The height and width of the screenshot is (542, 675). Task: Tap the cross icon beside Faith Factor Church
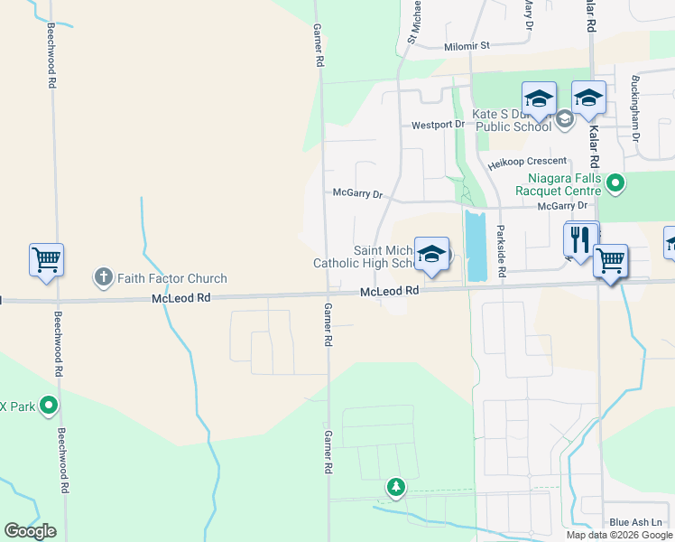104,277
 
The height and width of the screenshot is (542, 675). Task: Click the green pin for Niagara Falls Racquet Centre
615,185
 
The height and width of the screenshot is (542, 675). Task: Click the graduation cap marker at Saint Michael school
432,255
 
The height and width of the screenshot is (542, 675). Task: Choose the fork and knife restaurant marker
580,240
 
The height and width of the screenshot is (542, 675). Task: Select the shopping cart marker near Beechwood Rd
46,261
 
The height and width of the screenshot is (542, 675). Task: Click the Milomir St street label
467,46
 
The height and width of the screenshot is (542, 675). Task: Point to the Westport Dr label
438,126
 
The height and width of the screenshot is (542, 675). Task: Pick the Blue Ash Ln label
635,522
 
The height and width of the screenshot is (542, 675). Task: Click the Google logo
30,531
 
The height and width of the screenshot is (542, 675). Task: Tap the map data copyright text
620,535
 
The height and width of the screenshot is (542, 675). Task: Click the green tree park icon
395,488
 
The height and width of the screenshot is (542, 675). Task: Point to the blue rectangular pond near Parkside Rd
475,246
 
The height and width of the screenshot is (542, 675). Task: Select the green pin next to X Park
50,406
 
